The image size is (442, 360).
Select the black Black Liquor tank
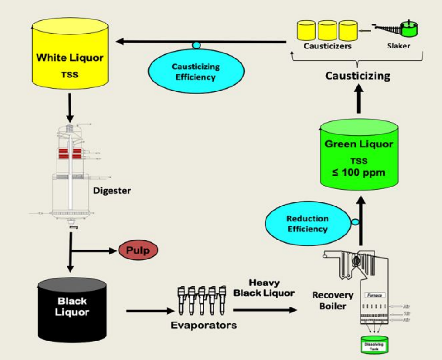(72, 310)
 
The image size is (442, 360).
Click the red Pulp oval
(138, 250)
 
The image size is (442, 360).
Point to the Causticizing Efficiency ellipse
(196, 72)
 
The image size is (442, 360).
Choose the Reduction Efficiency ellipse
(307, 224)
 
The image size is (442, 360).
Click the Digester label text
(112, 191)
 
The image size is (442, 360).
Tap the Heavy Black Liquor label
(264, 288)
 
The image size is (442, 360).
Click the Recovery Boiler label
(333, 301)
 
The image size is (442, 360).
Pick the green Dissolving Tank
(373, 345)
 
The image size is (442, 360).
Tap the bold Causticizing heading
(358, 76)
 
